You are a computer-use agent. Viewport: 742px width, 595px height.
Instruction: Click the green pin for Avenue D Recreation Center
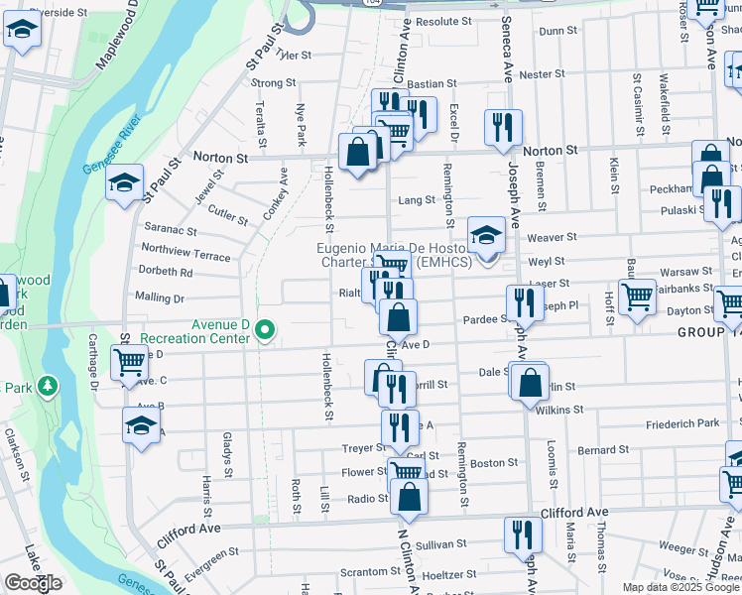coord(264,331)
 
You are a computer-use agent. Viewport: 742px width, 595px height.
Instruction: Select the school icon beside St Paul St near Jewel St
coord(125,184)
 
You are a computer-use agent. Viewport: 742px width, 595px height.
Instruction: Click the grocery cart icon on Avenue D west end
coord(129,364)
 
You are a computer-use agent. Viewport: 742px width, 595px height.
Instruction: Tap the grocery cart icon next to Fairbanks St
coord(637,296)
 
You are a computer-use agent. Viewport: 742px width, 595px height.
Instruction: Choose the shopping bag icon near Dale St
coord(531,382)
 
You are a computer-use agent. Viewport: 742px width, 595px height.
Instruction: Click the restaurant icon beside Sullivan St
coord(522,535)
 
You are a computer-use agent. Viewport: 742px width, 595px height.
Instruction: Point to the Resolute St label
coord(444,21)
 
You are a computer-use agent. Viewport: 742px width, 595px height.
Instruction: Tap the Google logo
coord(33,583)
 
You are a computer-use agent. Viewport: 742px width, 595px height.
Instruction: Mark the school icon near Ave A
coord(141,424)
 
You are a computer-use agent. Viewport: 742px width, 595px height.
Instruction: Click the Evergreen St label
coord(206,563)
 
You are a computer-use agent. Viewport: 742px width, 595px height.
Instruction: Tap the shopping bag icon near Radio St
coord(409,497)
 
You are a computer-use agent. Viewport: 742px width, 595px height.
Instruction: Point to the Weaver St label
coord(552,237)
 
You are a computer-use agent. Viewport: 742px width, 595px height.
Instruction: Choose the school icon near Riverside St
coord(21,33)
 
